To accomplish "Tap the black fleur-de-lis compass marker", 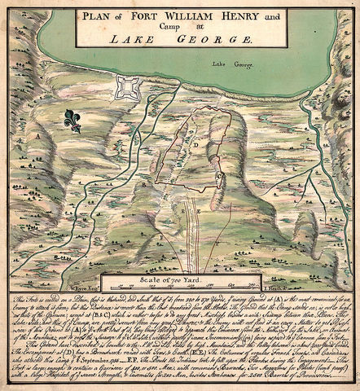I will (x=73, y=121).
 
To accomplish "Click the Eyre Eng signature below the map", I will (x=84, y=288).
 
